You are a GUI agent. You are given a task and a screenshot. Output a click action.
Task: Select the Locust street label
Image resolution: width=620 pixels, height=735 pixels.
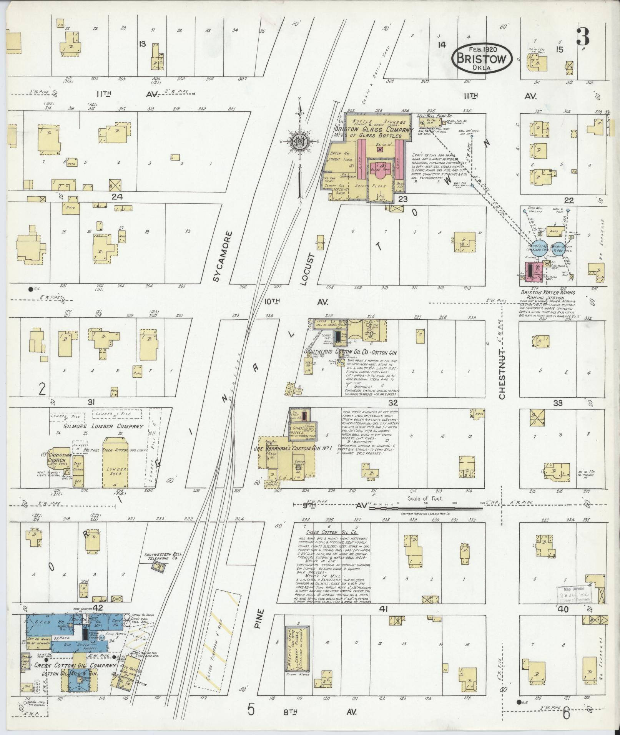pos(309,269)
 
